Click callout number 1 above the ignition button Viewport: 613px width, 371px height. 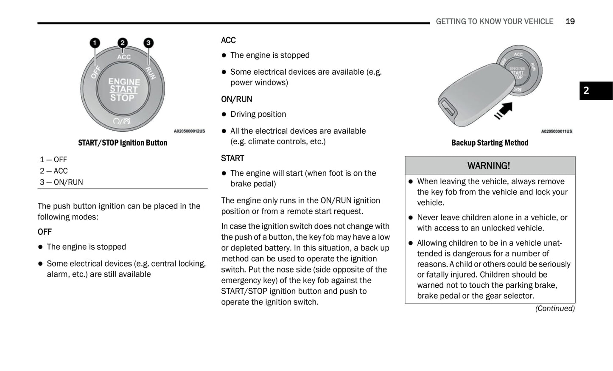click(x=95, y=43)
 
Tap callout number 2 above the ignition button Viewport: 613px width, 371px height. click(x=122, y=42)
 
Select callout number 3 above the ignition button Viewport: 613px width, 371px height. click(x=148, y=43)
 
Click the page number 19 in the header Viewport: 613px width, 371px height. click(x=570, y=22)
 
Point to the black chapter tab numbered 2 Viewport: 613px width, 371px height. click(x=596, y=90)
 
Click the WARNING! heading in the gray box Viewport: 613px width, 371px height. click(x=489, y=166)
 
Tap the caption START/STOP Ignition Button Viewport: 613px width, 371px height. click(x=123, y=143)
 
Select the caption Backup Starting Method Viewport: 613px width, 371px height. click(x=490, y=143)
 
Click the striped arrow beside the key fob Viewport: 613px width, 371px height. click(x=504, y=111)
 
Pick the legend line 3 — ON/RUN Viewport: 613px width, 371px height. click(x=62, y=182)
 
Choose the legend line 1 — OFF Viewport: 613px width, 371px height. click(x=53, y=160)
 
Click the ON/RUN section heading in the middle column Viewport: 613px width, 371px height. click(x=236, y=99)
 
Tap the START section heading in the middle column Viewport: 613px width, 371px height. click(x=232, y=158)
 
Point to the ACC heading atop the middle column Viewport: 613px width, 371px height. click(x=228, y=40)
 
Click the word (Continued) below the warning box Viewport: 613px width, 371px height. click(x=554, y=309)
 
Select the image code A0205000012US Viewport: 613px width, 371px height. click(x=189, y=131)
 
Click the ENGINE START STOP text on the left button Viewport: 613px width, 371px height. click(x=123, y=90)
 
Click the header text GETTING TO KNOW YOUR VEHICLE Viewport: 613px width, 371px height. click(x=494, y=22)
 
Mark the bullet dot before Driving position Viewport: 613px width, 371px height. click(x=224, y=114)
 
